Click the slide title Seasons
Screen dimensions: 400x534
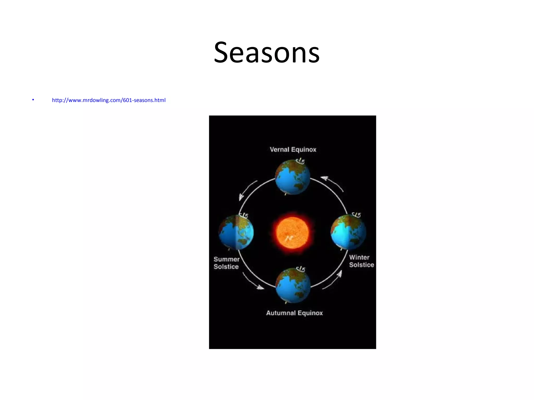pyautogui.click(x=266, y=53)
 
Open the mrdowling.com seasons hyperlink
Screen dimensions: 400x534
pyautogui.click(x=109, y=100)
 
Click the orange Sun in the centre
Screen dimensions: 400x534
pyautogui.click(x=293, y=233)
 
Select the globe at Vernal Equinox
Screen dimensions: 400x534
pyautogui.click(x=293, y=177)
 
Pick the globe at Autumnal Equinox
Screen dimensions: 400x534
pyautogui.click(x=293, y=286)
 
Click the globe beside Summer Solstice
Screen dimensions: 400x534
pyautogui.click(x=236, y=233)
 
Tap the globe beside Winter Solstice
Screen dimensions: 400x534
pyautogui.click(x=348, y=232)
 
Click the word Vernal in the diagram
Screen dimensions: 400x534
pyautogui.click(x=279, y=150)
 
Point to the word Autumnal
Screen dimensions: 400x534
pyautogui.click(x=281, y=313)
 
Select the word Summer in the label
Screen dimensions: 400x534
pyautogui.click(x=226, y=259)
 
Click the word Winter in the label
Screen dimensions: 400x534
pyautogui.click(x=359, y=258)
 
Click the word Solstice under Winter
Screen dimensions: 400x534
pyautogui.click(x=361, y=265)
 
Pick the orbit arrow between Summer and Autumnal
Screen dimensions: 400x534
pyautogui.click(x=253, y=281)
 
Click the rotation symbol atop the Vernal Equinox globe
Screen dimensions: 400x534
pyautogui.click(x=301, y=161)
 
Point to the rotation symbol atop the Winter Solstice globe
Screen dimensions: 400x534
pyautogui.click(x=356, y=215)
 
